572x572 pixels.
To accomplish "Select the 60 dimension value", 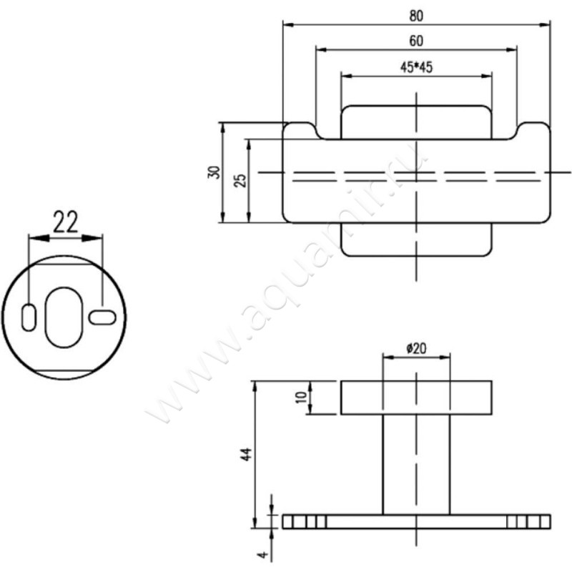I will click(417, 41).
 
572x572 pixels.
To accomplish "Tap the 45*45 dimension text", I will click(417, 67).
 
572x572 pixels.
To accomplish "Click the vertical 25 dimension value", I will click(240, 179).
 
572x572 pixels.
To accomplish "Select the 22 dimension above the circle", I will click(65, 222).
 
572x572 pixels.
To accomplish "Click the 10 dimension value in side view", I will click(301, 397).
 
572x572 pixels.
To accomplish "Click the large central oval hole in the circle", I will click(64, 317).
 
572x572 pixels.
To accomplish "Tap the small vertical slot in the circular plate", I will click(29, 317).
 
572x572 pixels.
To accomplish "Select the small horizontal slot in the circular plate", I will click(102, 315).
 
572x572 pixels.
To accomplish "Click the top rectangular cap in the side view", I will click(415, 398).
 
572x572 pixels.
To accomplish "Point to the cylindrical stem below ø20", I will click(415, 465).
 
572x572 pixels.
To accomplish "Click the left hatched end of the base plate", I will click(300, 521).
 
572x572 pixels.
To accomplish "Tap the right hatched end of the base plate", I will click(529, 521).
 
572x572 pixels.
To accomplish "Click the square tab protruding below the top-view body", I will click(415, 240).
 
